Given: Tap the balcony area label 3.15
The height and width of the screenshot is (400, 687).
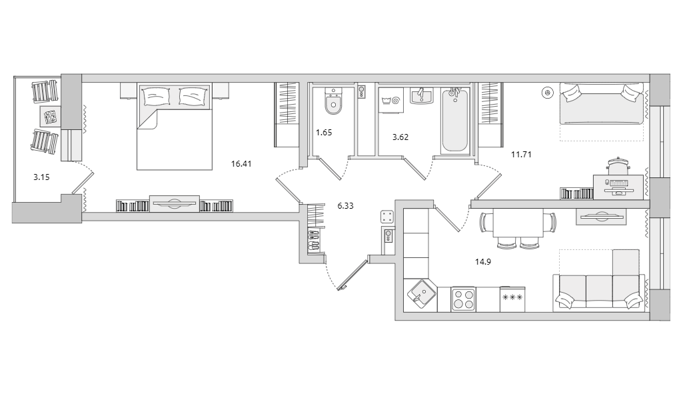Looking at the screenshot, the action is [41, 177].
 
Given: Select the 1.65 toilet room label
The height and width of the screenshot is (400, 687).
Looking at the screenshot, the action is [324, 133].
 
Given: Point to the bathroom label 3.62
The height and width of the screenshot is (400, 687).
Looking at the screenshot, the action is [400, 137].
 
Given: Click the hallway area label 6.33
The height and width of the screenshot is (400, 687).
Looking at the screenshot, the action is [345, 206].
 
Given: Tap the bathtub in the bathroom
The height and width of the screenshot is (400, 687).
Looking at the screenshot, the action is [454, 120].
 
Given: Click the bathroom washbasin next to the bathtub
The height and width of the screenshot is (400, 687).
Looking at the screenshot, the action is [421, 97].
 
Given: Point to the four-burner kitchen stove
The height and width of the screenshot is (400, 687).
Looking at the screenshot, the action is [463, 299].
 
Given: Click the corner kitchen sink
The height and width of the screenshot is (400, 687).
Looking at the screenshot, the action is [420, 293].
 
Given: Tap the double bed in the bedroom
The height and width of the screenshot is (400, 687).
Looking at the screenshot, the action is [174, 127].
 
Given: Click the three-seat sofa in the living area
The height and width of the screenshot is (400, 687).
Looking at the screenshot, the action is [599, 291].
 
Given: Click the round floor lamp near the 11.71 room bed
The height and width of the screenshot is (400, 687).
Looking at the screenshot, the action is [548, 93].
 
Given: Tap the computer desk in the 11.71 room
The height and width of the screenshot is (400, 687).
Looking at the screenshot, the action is [618, 186].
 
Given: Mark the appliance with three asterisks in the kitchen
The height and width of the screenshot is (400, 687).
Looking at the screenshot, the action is [512, 298].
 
